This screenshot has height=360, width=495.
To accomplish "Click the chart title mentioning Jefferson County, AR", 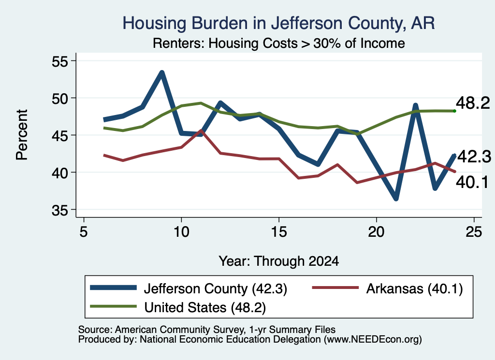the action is pos(278,23).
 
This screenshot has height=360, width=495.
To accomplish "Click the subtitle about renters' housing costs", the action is pos(279,43).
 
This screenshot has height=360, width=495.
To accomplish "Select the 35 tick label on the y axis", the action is pos(60,210).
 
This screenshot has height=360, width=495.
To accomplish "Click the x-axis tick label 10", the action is pos(181,232).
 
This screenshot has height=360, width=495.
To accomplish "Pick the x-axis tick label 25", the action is pos(474,232).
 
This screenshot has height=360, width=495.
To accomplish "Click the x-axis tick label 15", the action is pos(279,232).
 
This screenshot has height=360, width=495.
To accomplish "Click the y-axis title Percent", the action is pos(22,135).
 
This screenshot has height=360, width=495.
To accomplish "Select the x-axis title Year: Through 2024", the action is pos(279,261).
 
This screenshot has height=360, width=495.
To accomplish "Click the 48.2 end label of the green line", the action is pos(473,103).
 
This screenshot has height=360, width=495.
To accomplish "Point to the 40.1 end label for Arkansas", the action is pos(472,182).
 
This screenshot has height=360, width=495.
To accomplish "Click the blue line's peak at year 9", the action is pos(161,73).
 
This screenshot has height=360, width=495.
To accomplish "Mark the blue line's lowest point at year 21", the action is pos(396,199).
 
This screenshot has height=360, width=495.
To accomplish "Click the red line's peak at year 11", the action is pos(201,130).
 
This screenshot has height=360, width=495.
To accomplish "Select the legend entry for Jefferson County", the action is pos(189,288).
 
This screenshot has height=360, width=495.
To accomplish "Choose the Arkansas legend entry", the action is pos(387,288).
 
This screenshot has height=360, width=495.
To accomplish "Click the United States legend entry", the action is pos(178,307).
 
